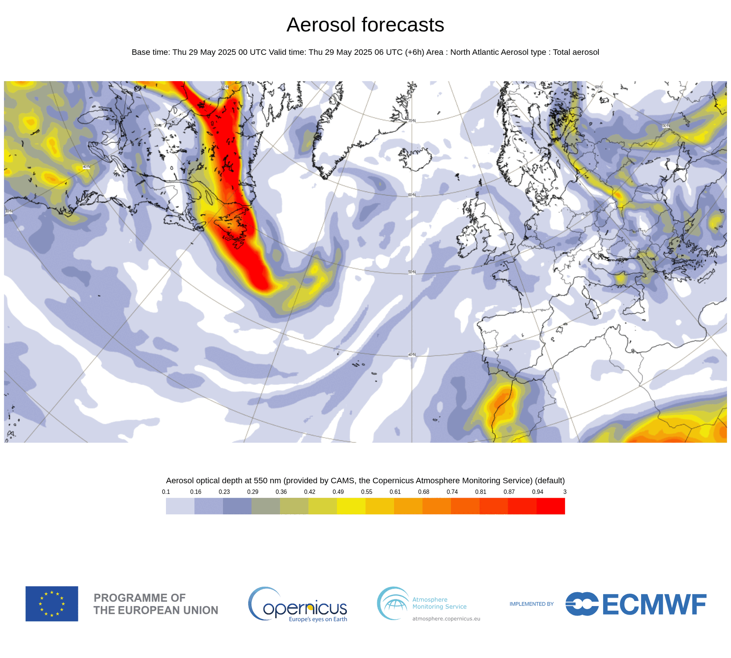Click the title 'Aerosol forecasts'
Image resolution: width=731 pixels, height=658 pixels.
point(365,25)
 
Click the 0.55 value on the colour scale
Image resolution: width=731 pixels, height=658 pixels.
point(366,492)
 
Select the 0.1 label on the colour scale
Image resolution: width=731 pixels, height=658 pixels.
point(166,492)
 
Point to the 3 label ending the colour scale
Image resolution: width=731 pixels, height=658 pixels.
point(565,492)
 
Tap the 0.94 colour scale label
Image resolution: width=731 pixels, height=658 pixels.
point(537,492)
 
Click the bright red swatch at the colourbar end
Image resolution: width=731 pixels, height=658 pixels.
point(551,506)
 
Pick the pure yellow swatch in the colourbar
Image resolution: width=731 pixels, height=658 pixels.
point(351,506)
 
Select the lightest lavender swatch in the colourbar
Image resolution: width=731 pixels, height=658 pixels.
point(180,506)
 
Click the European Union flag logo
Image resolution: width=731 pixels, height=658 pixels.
point(52,604)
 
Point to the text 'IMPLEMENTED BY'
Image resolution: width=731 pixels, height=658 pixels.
point(531,604)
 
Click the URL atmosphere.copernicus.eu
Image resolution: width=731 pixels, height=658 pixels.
point(446,619)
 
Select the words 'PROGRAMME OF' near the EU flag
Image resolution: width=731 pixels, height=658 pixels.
point(139,598)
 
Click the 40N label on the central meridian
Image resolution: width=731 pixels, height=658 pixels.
point(412,355)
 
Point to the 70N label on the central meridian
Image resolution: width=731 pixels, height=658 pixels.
point(412,121)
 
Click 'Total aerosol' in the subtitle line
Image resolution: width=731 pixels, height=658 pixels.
point(576,52)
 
